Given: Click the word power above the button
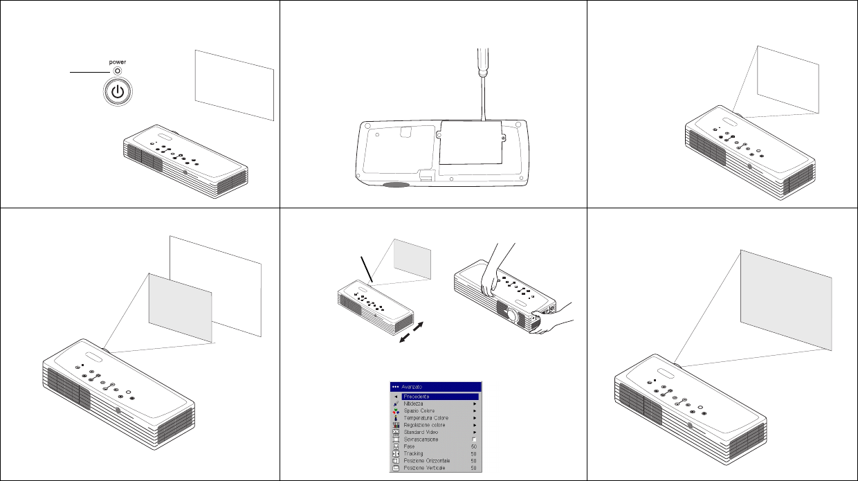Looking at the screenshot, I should [x=117, y=62].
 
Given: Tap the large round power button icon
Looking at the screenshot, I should [x=118, y=91].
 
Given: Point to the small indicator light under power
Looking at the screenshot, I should [x=117, y=71].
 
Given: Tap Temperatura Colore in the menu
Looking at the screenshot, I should [x=426, y=418].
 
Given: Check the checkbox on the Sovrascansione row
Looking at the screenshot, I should [x=474, y=440].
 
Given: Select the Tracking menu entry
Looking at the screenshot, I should [x=413, y=454].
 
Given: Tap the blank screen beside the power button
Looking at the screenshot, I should [x=235, y=85].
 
